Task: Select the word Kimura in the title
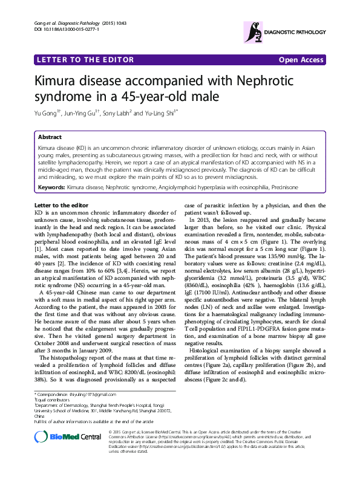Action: (x=57, y=81)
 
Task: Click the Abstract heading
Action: (x=50, y=137)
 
